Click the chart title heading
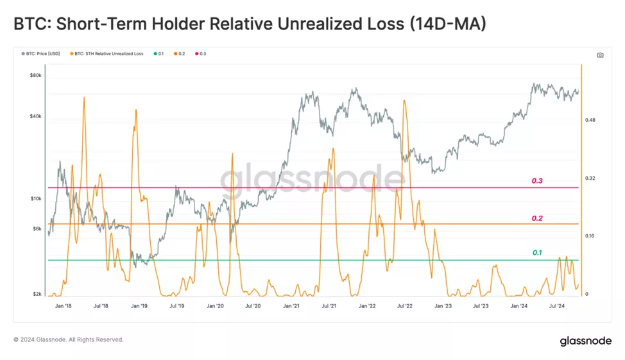click(x=250, y=24)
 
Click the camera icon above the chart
click(x=600, y=55)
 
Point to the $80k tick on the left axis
click(x=36, y=75)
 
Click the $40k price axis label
click(x=36, y=116)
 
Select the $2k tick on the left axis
click(x=37, y=294)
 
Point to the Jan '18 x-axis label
click(x=64, y=307)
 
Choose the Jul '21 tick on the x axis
click(x=329, y=307)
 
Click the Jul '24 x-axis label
click(x=557, y=307)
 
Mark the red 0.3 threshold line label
click(x=537, y=181)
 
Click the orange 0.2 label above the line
click(x=537, y=218)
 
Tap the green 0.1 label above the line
click(x=537, y=253)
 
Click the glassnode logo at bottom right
click(x=586, y=341)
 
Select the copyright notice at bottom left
click(x=69, y=339)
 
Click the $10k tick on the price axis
click(x=36, y=199)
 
